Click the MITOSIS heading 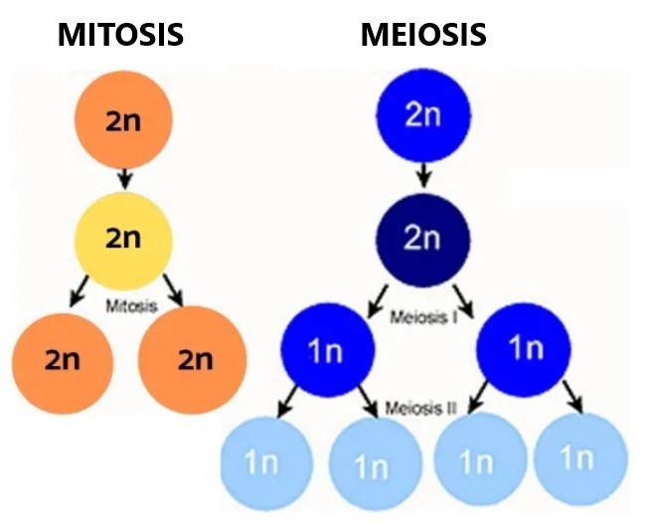click(121, 35)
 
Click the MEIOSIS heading click(423, 35)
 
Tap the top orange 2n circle click(124, 119)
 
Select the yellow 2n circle click(124, 239)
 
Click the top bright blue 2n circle click(423, 115)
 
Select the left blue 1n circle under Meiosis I click(328, 350)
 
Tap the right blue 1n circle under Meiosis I click(525, 350)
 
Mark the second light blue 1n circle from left click(371, 463)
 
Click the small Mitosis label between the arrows click(131, 307)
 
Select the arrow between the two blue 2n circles click(423, 175)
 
